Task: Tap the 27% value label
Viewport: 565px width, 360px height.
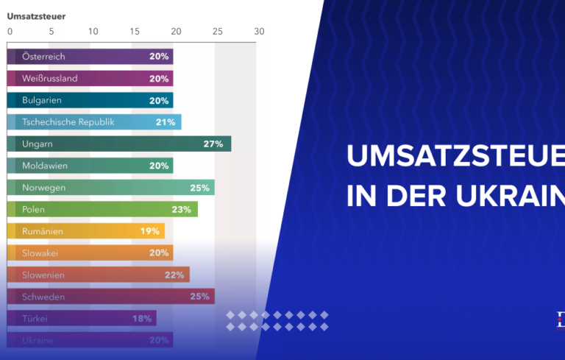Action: coord(213,144)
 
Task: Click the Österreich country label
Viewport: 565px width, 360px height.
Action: coord(43,57)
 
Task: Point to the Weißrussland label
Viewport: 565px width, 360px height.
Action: coord(50,79)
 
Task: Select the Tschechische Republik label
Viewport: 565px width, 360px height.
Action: coord(68,122)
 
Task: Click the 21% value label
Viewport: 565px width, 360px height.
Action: coord(164,122)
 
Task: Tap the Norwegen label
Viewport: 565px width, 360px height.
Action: coord(44,188)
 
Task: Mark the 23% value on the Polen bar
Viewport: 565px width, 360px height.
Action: coord(181,210)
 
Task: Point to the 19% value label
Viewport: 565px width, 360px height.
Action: coord(150,231)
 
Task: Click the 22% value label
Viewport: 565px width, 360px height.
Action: coord(174,275)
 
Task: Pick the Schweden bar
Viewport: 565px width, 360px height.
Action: coord(110,297)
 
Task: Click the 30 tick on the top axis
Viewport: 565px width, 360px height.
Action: coord(258,32)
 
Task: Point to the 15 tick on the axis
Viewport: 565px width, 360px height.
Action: coord(135,32)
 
